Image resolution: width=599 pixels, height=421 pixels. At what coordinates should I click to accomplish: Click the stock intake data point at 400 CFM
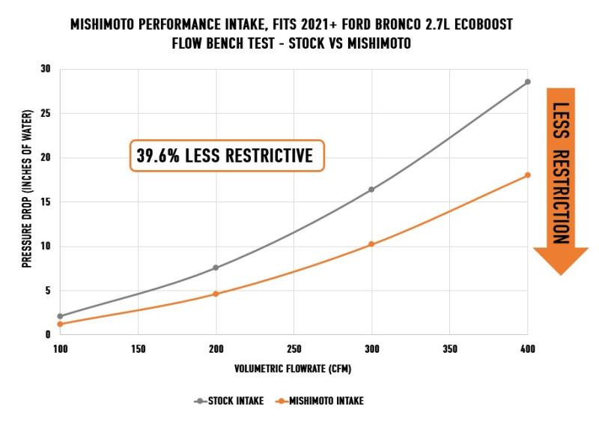[527, 82]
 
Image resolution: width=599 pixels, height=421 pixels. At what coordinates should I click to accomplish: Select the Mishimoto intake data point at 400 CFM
[527, 175]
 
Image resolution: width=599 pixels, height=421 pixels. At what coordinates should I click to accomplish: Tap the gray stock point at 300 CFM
[371, 190]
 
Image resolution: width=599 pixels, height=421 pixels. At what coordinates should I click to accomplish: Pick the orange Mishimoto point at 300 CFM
[371, 244]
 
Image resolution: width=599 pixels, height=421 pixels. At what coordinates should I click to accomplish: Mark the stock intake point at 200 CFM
[216, 267]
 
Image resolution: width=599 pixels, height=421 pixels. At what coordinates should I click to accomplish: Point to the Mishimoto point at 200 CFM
[216, 294]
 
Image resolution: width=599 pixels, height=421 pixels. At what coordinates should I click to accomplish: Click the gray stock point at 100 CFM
[60, 316]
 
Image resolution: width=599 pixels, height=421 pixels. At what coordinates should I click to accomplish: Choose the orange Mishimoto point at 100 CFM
[60, 324]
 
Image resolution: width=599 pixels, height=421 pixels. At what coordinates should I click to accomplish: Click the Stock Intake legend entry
[228, 401]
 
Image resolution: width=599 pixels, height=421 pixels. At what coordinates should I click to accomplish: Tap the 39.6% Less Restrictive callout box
[227, 156]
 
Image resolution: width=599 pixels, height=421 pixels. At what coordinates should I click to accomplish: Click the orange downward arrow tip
[560, 273]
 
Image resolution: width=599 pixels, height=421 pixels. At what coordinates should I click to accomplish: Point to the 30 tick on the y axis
[45, 69]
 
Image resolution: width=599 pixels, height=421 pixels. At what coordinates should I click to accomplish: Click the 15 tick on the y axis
[45, 202]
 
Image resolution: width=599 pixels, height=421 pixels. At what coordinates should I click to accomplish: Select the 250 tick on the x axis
[294, 348]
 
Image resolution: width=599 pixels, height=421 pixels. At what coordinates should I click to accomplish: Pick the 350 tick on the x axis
[449, 348]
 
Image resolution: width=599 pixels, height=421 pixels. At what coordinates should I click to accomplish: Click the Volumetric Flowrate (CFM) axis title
[294, 369]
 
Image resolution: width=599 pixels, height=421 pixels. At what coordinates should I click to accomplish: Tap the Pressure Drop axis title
[26, 202]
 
